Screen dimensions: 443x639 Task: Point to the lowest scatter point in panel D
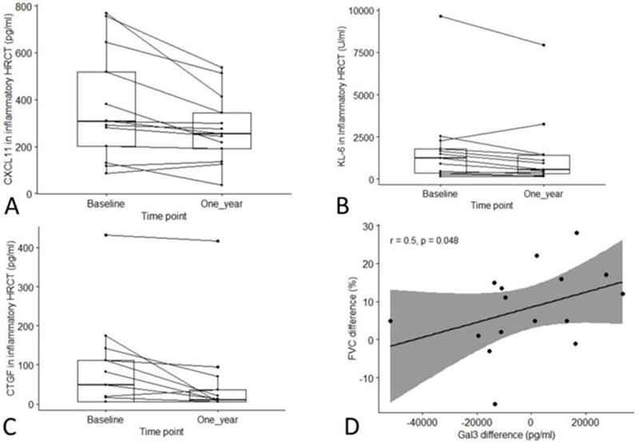(495, 404)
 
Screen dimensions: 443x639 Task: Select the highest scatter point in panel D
(576, 233)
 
